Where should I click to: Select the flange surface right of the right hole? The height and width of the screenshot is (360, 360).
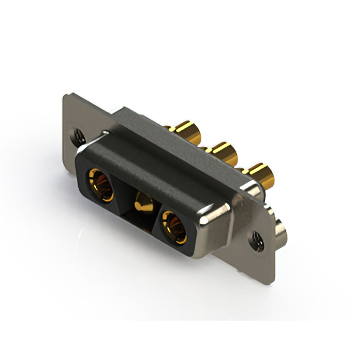click(x=268, y=247)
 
